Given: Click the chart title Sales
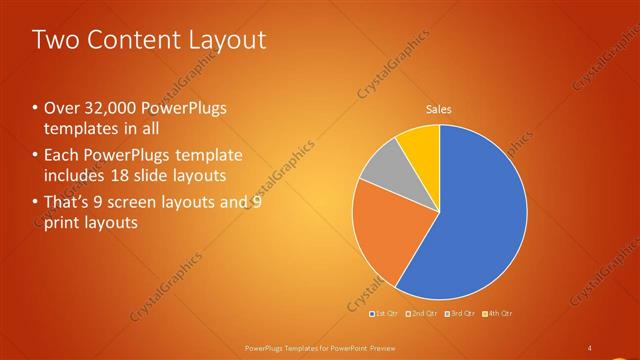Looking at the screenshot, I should [438, 109].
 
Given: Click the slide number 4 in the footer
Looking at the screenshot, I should [590, 347].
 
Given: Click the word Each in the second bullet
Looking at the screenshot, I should [59, 155].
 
